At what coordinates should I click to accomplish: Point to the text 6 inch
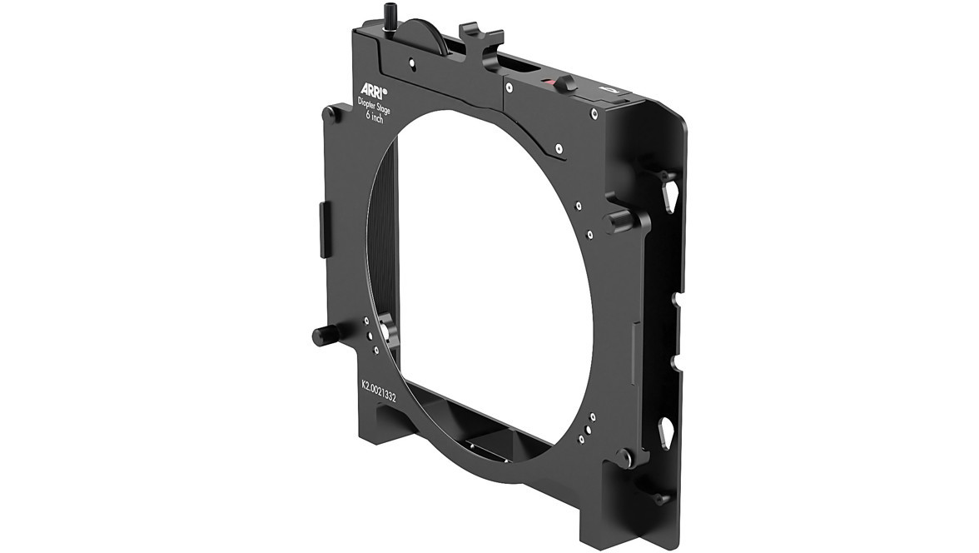coord(375,117)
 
